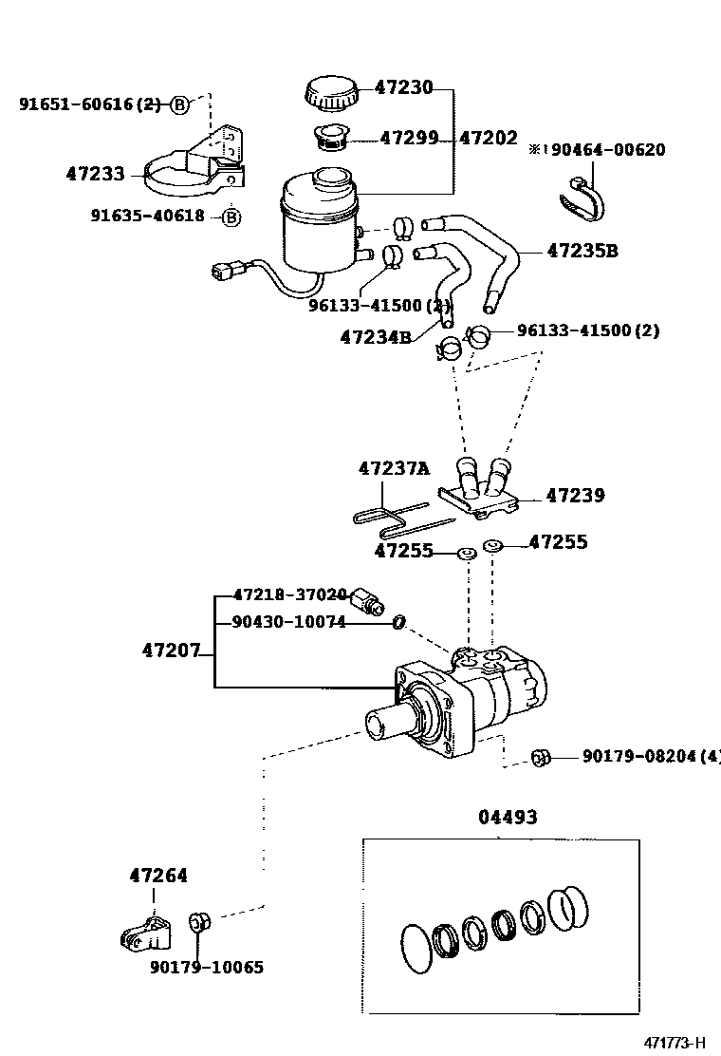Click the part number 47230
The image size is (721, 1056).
[403, 86]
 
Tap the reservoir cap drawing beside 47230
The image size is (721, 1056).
[329, 94]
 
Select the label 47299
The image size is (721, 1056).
[409, 138]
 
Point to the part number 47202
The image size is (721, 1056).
[489, 138]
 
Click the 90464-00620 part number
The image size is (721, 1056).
[608, 149]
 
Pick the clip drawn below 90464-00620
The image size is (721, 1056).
[582, 199]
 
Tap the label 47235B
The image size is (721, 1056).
[582, 252]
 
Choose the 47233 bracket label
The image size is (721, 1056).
[96, 174]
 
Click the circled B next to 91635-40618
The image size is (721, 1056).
[231, 217]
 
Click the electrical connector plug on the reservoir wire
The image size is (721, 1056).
[223, 272]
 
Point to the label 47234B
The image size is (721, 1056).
[376, 337]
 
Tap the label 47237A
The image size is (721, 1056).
[394, 468]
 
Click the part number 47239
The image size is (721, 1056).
[575, 496]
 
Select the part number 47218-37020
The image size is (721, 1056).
[290, 594]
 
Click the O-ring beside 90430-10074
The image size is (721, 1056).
[398, 623]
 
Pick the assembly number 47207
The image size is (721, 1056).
[172, 651]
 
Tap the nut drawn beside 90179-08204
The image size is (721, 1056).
[541, 758]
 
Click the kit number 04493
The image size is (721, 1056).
[508, 817]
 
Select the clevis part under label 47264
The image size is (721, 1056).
[145, 933]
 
